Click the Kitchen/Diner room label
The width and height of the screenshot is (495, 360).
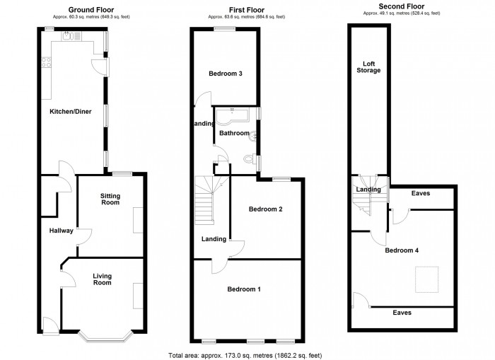(x=68, y=112)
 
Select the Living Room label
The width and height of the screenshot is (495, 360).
(x=103, y=279)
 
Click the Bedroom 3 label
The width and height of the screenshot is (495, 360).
(x=226, y=74)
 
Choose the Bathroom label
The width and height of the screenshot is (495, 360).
(x=234, y=133)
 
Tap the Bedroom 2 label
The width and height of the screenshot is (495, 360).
(x=265, y=209)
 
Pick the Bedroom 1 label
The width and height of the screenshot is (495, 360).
(x=244, y=289)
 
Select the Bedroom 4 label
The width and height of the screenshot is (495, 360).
(x=402, y=250)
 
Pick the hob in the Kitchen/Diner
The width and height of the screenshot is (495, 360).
(x=47, y=62)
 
